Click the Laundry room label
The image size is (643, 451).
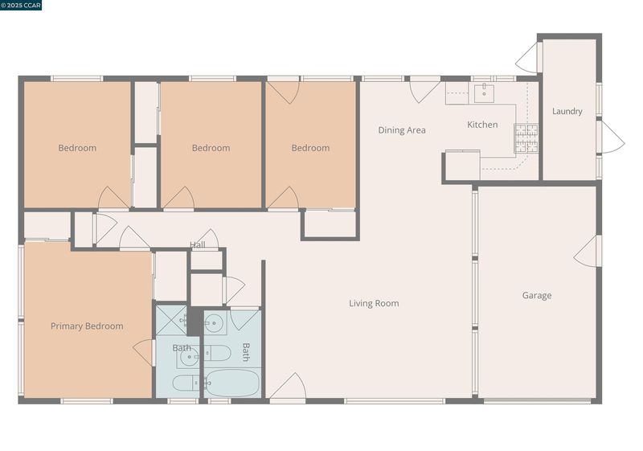tap(567, 111)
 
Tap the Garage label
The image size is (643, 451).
tap(536, 295)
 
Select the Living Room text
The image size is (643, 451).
tap(374, 303)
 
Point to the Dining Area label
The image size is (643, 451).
tap(401, 130)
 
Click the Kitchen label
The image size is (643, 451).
tap(482, 125)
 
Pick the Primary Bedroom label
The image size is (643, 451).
tap(87, 326)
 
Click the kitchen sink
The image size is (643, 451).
tap(484, 92)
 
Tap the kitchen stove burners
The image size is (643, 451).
tap(526, 138)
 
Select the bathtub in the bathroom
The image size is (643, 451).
tap(232, 383)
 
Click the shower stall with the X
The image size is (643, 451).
tap(171, 320)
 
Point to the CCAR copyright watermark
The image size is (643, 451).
tap(21, 5)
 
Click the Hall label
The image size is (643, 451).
tap(197, 244)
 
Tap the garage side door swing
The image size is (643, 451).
tap(587, 252)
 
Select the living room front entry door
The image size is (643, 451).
tap(288, 386)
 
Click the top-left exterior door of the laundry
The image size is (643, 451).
tap(529, 58)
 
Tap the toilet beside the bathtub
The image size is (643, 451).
tap(217, 353)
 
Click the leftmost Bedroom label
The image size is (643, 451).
tap(77, 148)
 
